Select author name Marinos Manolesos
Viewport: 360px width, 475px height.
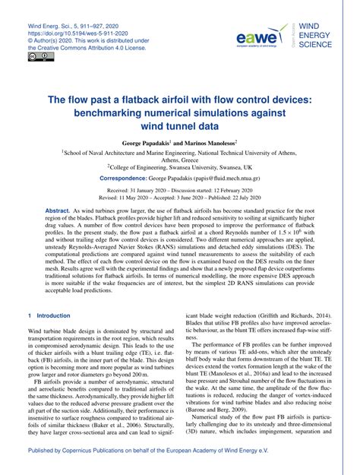pos(210,142)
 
